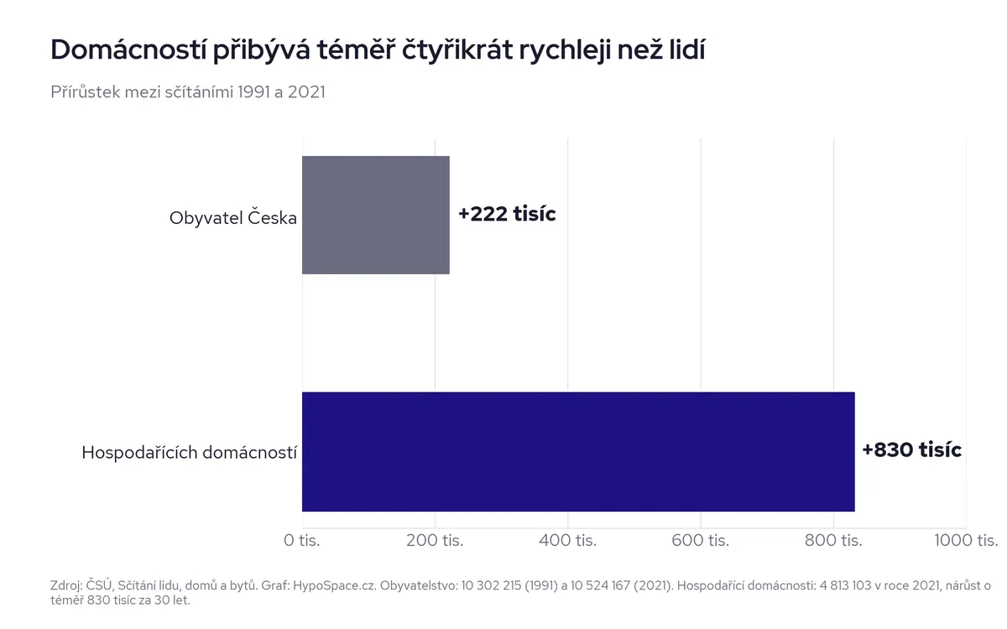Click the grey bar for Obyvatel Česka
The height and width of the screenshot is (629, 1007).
tap(376, 215)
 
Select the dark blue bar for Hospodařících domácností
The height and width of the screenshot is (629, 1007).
tap(578, 451)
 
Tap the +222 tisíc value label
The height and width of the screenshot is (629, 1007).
tap(507, 214)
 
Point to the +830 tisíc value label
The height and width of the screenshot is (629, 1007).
tap(911, 450)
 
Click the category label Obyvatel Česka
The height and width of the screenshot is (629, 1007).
tap(233, 218)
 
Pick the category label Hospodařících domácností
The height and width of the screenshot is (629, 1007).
tap(190, 452)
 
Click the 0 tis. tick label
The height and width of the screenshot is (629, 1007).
tap(301, 540)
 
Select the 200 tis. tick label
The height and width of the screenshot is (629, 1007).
tap(435, 540)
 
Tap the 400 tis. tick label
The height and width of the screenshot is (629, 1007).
tap(568, 540)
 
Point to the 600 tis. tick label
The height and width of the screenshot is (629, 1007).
tap(701, 540)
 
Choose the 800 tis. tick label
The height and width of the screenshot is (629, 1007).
tap(833, 540)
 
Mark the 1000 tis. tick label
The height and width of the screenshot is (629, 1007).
tap(966, 540)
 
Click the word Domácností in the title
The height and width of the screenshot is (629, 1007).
tap(128, 49)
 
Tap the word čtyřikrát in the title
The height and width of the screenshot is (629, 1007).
tap(457, 50)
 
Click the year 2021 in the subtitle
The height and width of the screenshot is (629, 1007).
tap(306, 92)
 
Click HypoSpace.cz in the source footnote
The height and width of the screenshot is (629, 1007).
tap(335, 586)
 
